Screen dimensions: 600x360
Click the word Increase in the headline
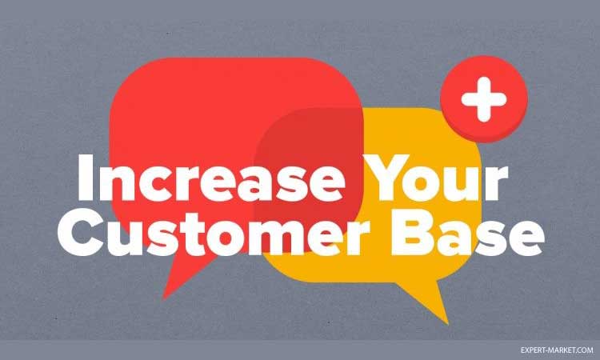coord(211,178)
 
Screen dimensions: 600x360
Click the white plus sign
coord(484,99)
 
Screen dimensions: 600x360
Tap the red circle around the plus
coord(484,98)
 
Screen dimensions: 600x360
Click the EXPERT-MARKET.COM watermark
coord(557,350)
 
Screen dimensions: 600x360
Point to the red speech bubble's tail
coord(183,274)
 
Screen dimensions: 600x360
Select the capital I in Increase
coord(86,178)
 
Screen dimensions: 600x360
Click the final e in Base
coord(526,238)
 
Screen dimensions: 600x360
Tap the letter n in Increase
coord(117,183)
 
